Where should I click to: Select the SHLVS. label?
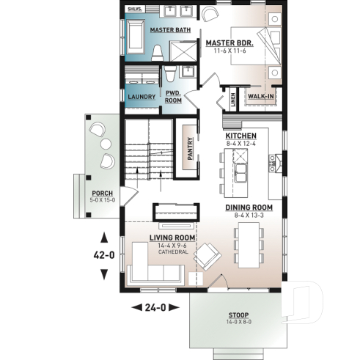pos(135,10)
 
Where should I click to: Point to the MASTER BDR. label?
pos(229,43)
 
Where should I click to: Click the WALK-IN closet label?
pos(260,97)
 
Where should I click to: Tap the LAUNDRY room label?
pos(141,97)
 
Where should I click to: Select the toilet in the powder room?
pos(170,74)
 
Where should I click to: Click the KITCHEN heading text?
pos(240,136)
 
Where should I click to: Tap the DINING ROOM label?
pos(249,207)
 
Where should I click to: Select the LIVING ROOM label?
pos(172,238)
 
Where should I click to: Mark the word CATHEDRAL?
pos(172,252)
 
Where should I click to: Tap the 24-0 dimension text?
pos(155,307)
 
